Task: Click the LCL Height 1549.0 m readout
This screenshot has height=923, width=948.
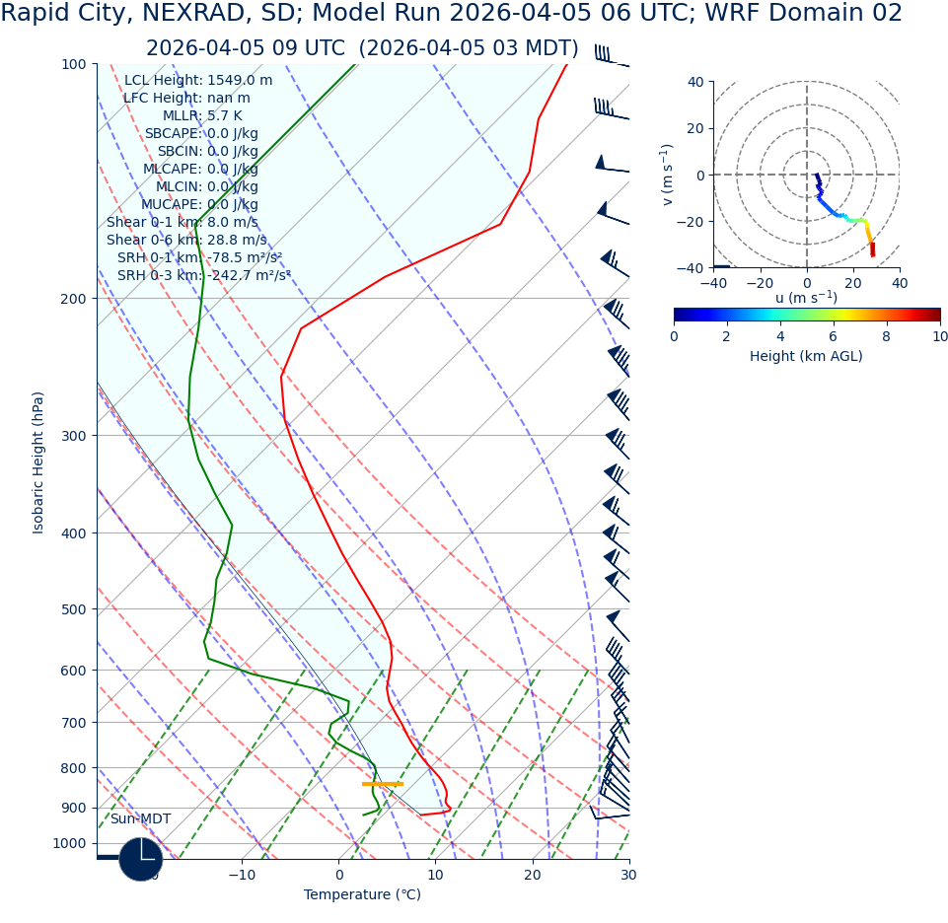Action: coord(198,81)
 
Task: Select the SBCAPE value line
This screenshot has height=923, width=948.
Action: coord(201,134)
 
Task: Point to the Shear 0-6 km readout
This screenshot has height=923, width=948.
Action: coord(186,241)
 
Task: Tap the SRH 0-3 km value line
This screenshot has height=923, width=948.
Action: coord(203,276)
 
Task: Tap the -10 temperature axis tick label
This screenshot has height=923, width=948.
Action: coord(242,875)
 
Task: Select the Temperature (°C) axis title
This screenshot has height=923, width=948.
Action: coord(362,895)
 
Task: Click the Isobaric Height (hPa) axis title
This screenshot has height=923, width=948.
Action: coord(38,462)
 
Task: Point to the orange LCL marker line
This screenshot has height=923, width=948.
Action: coord(383,784)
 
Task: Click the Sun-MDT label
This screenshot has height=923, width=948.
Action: coord(140,819)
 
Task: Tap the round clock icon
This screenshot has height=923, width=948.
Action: coord(141,859)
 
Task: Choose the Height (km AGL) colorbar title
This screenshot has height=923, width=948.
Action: coord(806,357)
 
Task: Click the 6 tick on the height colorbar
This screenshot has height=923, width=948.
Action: coord(834,336)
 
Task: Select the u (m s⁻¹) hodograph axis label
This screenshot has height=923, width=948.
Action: coord(806,298)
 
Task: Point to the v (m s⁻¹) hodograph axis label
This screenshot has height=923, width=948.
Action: coord(668,175)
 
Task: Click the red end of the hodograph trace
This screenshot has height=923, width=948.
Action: coord(872,251)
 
